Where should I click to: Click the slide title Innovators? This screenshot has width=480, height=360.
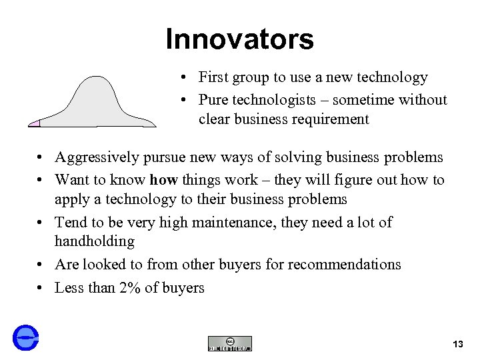[239, 39]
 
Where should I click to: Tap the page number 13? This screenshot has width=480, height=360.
[457, 344]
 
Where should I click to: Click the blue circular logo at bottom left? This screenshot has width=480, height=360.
[25, 337]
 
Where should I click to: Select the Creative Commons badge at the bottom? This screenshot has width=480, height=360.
[230, 343]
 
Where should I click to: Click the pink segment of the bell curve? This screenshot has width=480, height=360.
[35, 123]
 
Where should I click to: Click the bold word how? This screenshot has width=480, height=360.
[163, 180]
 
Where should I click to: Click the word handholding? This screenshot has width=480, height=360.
[95, 241]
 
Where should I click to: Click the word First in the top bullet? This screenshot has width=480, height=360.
[213, 77]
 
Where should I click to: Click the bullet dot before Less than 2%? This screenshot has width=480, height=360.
[41, 289]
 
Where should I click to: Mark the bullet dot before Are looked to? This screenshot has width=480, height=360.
[41, 265]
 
